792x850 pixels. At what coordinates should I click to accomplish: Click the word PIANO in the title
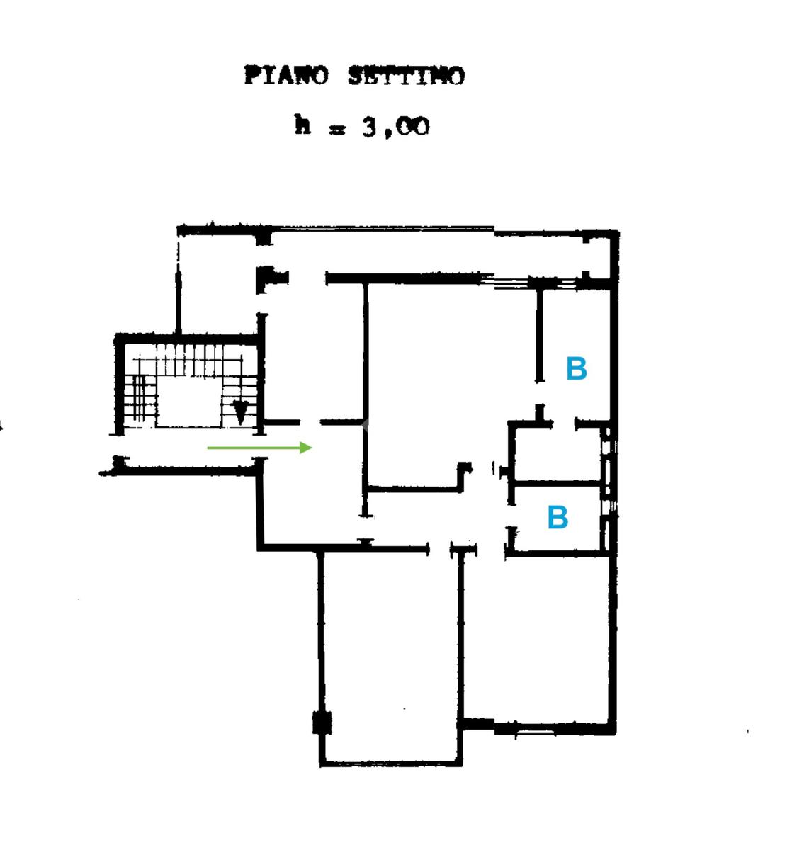pyautogui.click(x=286, y=75)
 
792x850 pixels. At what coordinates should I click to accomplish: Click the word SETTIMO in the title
pyautogui.click(x=407, y=75)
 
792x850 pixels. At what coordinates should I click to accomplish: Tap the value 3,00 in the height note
pyautogui.click(x=395, y=127)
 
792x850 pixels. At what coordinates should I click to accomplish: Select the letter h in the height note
pyautogui.click(x=302, y=125)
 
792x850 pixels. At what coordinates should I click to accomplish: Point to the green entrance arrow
pyautogui.click(x=259, y=448)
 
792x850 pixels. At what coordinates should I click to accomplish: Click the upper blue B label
pyautogui.click(x=577, y=369)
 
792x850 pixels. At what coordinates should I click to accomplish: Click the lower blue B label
pyautogui.click(x=558, y=518)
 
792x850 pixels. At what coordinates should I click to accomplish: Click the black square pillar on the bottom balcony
pyautogui.click(x=322, y=723)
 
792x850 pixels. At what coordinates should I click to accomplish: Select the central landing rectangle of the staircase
pyautogui.click(x=188, y=402)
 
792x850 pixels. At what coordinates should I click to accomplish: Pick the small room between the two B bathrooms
pyautogui.click(x=556, y=453)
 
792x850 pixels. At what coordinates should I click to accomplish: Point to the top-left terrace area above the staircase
pyautogui.click(x=216, y=283)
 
